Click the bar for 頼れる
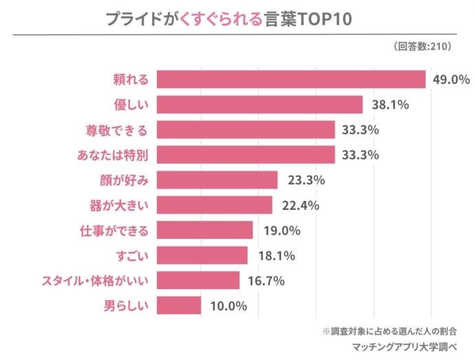point(291,79)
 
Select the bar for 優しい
point(260,105)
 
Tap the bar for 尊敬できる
point(246,129)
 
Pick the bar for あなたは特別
point(246,155)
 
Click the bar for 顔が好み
point(217,180)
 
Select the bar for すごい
point(202,255)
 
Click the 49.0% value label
point(451,80)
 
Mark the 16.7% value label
point(265,281)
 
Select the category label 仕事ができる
point(115,230)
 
